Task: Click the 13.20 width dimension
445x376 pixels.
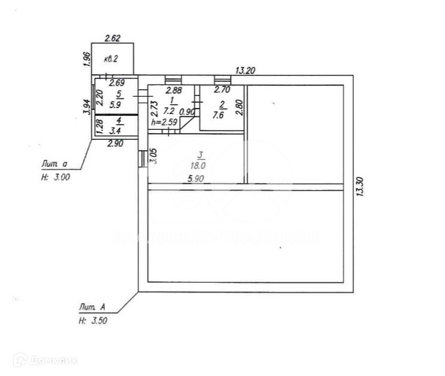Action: coord(244,71)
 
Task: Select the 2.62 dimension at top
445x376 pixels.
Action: coord(113,39)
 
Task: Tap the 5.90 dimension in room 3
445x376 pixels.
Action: coord(195,179)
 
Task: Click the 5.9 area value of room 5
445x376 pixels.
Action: coord(120,103)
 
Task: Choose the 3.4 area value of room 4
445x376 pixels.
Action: coord(117,130)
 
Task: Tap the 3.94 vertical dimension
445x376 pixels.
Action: coord(86,107)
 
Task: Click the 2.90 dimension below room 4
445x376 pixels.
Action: coord(115,144)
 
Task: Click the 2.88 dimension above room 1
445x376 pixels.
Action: coord(158,90)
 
